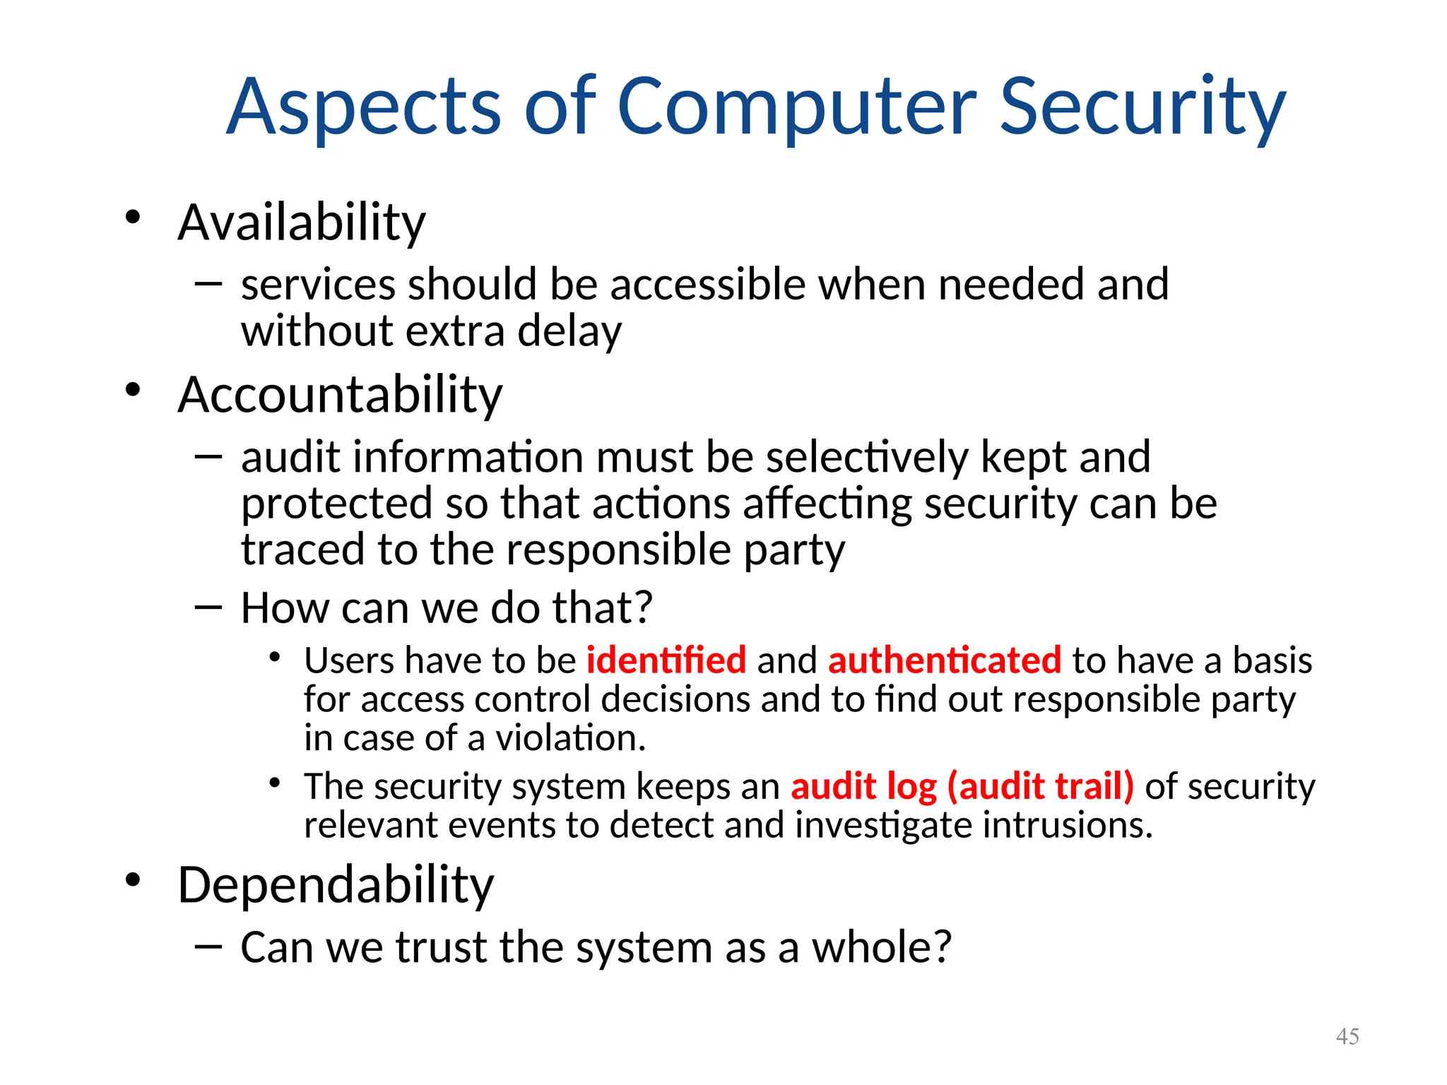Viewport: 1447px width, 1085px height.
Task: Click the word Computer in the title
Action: pos(797,107)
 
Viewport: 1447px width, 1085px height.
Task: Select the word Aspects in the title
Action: pos(365,107)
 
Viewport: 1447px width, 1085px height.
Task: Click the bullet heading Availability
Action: pos(302,223)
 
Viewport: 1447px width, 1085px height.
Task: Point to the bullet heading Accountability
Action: pos(340,394)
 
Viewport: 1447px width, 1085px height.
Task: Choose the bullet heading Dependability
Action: pos(336,884)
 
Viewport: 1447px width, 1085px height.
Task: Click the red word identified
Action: pos(666,660)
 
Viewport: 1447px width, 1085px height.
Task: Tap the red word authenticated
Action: pos(945,660)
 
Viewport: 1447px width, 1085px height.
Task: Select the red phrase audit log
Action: pos(863,786)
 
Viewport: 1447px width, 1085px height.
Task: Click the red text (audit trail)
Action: pos(1040,786)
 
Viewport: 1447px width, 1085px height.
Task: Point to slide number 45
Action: pos(1347,1036)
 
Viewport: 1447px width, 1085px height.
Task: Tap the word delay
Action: pos(569,331)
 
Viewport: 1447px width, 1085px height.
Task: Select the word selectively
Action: pos(868,457)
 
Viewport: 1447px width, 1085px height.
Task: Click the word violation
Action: pos(570,738)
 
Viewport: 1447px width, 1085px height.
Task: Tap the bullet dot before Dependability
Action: pos(133,880)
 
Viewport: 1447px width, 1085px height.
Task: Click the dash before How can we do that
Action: pos(208,607)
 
